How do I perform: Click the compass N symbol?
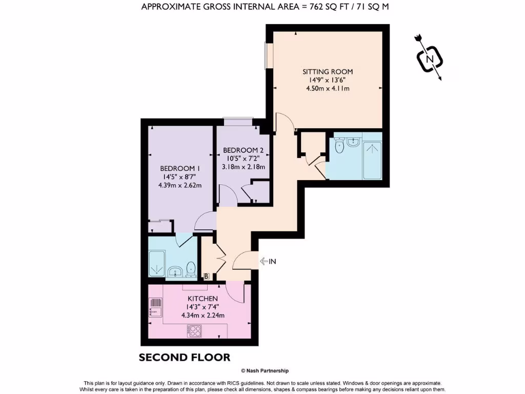(x=430, y=59)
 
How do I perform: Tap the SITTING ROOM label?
(x=327, y=72)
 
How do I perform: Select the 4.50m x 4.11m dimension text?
(x=327, y=88)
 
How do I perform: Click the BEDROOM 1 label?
(x=179, y=168)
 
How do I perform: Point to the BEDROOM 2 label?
(x=244, y=150)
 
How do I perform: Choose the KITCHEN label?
(x=203, y=299)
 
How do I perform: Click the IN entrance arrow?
(x=268, y=262)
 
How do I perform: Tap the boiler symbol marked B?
(x=207, y=277)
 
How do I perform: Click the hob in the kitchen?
(x=195, y=331)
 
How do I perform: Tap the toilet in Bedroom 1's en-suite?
(x=191, y=268)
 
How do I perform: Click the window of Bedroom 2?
(x=238, y=122)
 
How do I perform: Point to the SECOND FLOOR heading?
(x=185, y=357)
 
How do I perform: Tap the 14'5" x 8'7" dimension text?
(x=179, y=177)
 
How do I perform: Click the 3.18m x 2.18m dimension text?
(x=244, y=167)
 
